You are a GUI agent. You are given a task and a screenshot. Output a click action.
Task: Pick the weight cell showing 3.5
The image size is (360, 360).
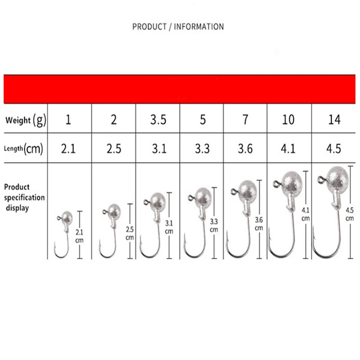point(157,120)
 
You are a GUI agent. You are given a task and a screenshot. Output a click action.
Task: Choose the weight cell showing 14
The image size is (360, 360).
point(334,120)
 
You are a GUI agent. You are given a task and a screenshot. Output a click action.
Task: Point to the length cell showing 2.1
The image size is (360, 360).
point(69,149)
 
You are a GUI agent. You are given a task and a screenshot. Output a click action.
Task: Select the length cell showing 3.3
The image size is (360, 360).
point(202,149)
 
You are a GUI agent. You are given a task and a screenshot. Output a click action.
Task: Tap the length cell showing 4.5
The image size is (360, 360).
point(334,149)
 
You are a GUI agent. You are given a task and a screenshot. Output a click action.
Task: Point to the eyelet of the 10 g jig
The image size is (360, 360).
point(275,183)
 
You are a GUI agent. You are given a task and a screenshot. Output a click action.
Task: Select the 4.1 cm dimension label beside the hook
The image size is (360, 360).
point(306,213)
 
